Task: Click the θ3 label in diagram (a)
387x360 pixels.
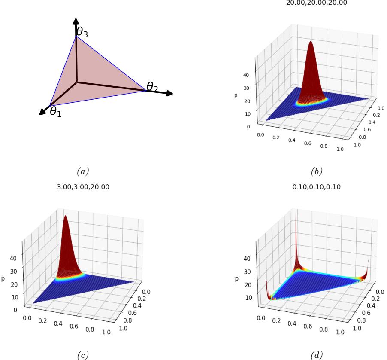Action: tap(82, 32)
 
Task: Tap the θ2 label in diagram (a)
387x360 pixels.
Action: tap(152, 87)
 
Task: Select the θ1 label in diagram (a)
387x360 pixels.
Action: tap(56, 112)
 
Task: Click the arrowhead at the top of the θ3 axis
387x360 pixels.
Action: tap(76, 21)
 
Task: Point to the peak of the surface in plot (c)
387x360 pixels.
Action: tap(65, 217)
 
